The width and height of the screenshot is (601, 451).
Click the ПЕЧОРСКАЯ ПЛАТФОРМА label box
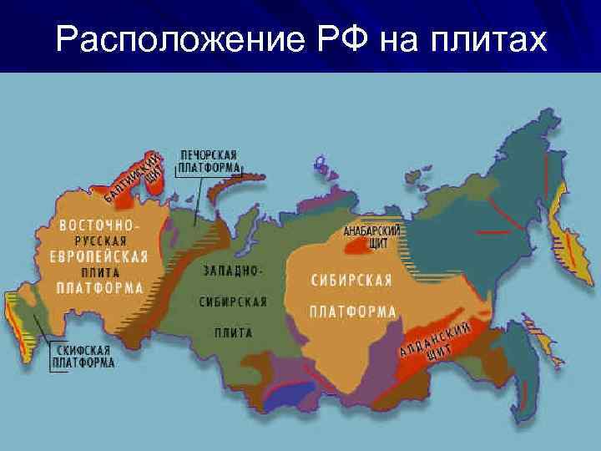coord(210,162)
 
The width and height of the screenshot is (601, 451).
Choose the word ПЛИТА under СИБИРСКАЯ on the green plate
coord(232,332)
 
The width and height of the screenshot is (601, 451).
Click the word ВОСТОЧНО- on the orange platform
coord(99,225)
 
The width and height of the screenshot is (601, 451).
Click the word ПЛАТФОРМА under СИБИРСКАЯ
coord(352,312)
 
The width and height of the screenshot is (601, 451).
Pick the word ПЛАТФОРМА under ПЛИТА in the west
coord(99,287)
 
